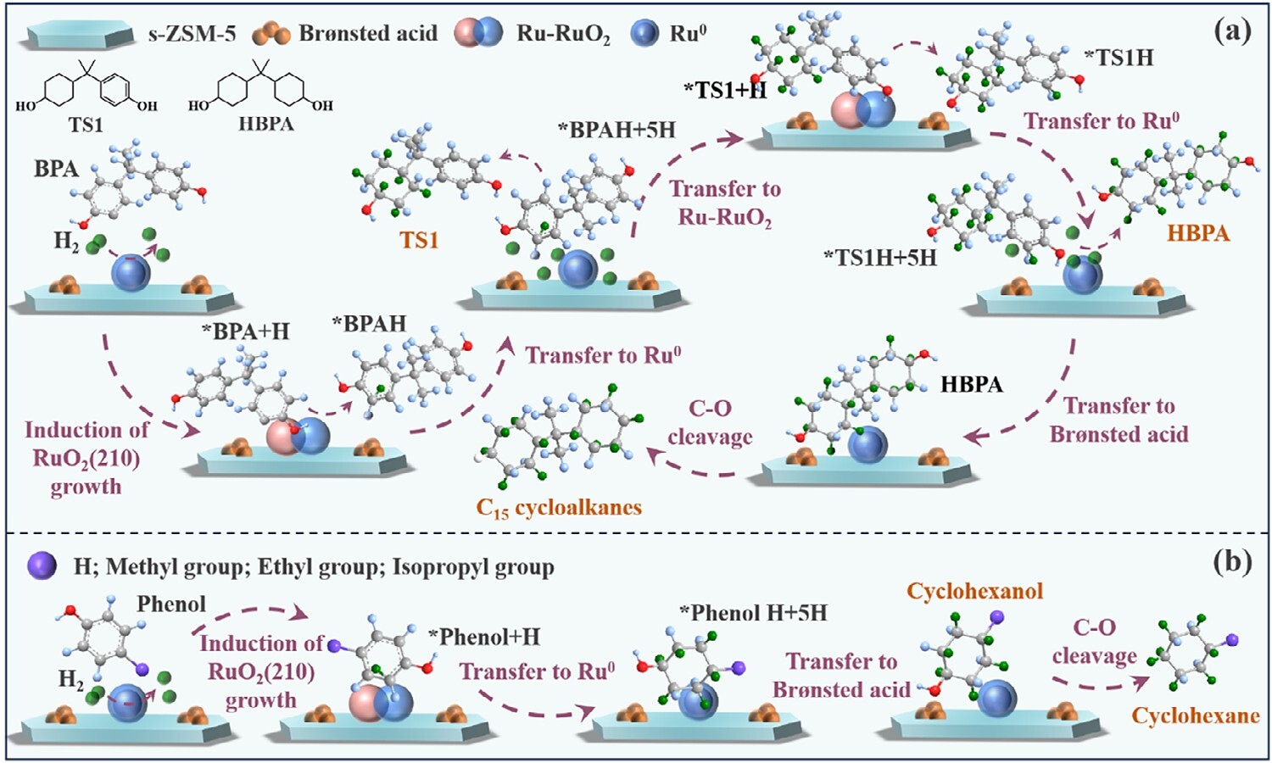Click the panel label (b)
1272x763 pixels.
point(1232,562)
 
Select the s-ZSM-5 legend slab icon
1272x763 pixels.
point(78,35)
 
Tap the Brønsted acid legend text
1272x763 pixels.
point(368,34)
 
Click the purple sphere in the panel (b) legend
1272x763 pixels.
point(42,565)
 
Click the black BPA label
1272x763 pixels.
point(56,169)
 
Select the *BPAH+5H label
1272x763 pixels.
point(616,130)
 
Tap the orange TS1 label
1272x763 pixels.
point(419,241)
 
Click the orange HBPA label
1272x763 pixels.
point(1197,233)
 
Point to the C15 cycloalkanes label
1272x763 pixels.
point(559,508)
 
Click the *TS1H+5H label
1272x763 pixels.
point(880,258)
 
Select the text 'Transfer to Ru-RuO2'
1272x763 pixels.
point(725,203)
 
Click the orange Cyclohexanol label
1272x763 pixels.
point(974,591)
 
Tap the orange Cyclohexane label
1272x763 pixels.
point(1196,716)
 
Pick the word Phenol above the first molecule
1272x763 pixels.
point(171,604)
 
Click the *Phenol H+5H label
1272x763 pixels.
point(753,613)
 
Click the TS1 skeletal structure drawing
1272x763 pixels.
point(86,88)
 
